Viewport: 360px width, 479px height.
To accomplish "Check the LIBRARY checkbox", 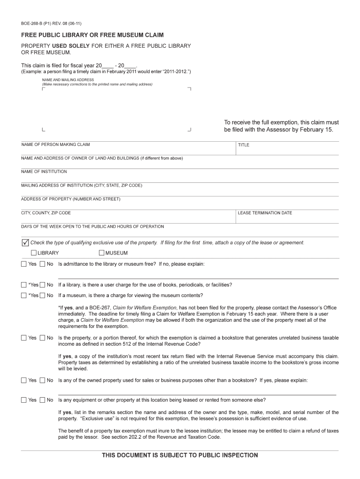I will click(34, 253).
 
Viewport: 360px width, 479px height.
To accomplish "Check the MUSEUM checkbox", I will click(101, 253).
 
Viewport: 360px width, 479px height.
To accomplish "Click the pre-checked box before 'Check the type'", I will click(25, 243).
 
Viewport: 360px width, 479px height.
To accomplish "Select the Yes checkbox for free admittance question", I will click(24, 264).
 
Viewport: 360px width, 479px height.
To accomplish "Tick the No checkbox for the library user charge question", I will click(43, 284).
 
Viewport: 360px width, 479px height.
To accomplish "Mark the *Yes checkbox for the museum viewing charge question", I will click(24, 295).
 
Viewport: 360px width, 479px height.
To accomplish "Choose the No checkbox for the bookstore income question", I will click(43, 338).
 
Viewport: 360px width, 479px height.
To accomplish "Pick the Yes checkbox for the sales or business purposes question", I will click(24, 380).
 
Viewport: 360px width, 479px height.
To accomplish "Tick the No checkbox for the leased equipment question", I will click(43, 400).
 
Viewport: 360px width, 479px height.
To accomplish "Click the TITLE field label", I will click(244, 145).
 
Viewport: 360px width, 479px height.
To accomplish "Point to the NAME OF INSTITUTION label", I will click(44, 172).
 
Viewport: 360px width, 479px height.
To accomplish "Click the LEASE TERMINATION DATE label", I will click(265, 213).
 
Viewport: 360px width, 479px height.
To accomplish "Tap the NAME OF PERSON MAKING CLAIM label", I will click(56, 145).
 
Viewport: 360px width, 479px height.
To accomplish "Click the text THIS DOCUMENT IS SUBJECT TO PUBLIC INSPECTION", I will click(180, 455).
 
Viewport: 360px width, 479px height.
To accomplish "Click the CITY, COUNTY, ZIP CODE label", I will click(46, 213).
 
